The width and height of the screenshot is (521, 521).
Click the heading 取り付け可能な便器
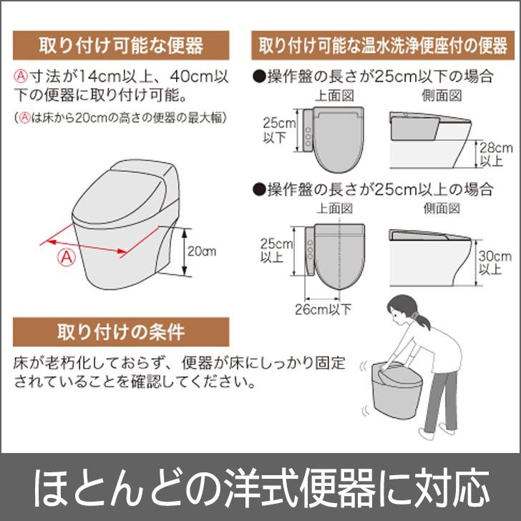coord(121,46)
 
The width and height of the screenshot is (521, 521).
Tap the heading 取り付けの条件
coord(121,331)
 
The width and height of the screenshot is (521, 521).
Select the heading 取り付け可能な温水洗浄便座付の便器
coord(383,46)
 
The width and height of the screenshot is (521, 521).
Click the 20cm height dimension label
coord(202,251)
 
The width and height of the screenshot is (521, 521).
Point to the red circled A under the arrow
coord(67,257)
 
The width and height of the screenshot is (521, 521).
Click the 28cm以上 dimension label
coord(495,154)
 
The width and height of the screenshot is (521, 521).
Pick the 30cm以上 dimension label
coord(495,263)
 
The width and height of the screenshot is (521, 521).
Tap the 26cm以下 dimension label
coord(323,309)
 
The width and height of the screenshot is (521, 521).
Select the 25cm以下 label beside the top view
coord(279,130)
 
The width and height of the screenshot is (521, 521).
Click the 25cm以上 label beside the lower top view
coord(276,250)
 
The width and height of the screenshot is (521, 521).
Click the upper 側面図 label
coord(442,96)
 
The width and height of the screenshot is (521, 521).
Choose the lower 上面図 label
coord(334,209)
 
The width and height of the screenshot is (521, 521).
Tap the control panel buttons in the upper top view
coord(308,137)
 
